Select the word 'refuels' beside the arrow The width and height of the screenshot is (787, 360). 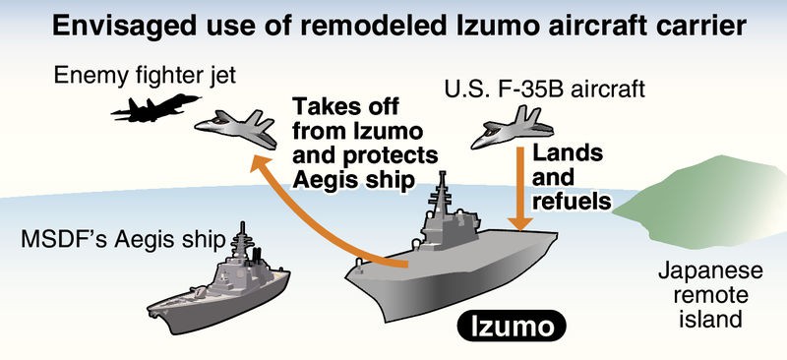tap(571, 202)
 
